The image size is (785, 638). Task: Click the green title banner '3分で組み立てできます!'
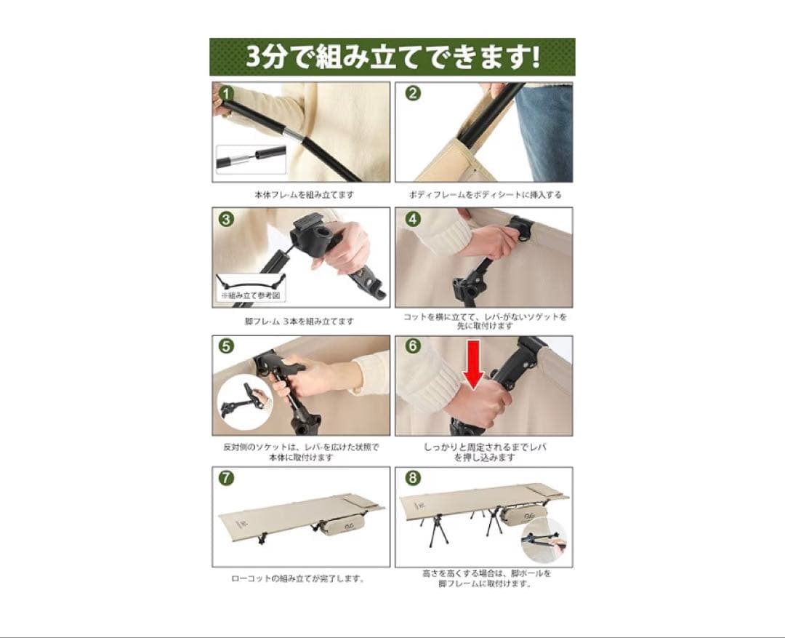coord(392,57)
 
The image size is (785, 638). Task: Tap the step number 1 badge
coord(227,94)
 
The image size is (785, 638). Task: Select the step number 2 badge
coord(412,94)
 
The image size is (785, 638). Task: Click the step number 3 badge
coord(227,219)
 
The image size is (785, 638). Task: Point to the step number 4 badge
coord(412,219)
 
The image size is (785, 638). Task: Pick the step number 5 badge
coord(227,346)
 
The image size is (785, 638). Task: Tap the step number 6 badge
coord(412,346)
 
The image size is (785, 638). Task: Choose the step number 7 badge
coord(227,478)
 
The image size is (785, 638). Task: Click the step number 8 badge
coord(412,478)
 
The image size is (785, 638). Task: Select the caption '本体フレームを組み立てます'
coord(304,195)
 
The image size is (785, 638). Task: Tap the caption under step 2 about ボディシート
coord(484,195)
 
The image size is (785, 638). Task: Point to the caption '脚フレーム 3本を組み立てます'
coord(299,321)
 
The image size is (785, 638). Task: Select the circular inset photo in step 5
coord(246,402)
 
